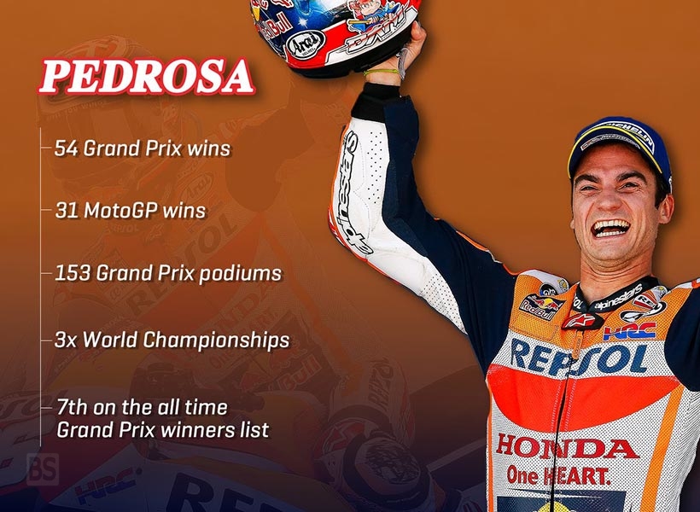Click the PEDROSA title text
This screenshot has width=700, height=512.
pos(147,76)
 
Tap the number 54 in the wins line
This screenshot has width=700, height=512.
pos(66,148)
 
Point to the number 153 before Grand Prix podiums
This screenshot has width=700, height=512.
pos(72,273)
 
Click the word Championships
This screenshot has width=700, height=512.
pos(217,340)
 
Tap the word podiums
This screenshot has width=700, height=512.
pos(241,274)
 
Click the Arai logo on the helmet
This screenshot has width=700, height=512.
pos(306,44)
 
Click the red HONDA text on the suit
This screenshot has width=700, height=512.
pos(567,447)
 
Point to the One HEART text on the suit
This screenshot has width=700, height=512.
pos(558,476)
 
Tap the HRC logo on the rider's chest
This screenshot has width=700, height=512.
pos(629,331)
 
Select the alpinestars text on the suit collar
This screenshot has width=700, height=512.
pos(618,298)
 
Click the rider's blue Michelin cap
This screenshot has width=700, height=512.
pos(620,143)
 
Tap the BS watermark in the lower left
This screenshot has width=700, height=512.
pos(43,468)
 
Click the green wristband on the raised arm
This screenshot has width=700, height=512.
pos(381,72)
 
